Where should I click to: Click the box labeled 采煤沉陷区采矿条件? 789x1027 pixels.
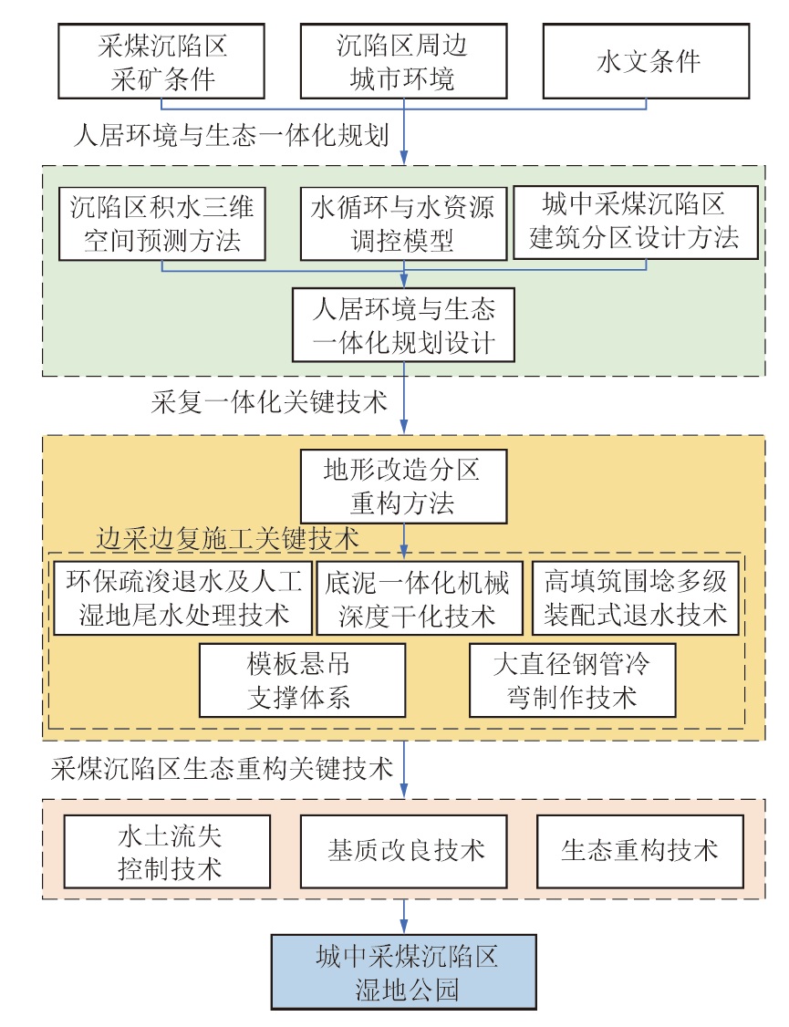(x=161, y=62)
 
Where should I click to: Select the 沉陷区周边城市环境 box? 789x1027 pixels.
(x=403, y=62)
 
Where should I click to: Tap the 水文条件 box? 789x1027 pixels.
(x=647, y=62)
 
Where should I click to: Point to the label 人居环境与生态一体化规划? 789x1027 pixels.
(x=231, y=136)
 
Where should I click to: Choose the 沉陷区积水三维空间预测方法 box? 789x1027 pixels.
(x=161, y=224)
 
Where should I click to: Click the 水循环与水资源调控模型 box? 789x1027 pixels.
(x=403, y=224)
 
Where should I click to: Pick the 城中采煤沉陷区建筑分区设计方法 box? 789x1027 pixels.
(x=636, y=222)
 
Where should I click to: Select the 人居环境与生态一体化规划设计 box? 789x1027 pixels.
(x=403, y=325)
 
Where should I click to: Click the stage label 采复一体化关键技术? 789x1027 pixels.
(x=269, y=402)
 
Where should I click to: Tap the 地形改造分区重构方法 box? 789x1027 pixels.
(x=403, y=486)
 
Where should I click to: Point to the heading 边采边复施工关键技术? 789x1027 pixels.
(x=228, y=539)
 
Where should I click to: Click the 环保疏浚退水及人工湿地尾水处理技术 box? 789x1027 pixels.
(x=182, y=598)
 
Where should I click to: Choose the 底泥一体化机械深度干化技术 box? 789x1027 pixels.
(x=420, y=598)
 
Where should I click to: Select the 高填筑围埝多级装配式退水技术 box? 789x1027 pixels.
(x=636, y=598)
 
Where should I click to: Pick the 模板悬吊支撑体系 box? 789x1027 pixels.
(x=303, y=680)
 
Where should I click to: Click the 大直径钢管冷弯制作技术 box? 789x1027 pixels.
(x=572, y=680)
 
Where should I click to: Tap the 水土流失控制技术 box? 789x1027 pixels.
(x=167, y=852)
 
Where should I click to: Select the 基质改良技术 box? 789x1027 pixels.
(x=403, y=852)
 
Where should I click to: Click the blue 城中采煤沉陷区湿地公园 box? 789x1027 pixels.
(x=404, y=972)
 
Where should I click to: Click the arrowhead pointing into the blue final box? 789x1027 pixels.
(x=404, y=928)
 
